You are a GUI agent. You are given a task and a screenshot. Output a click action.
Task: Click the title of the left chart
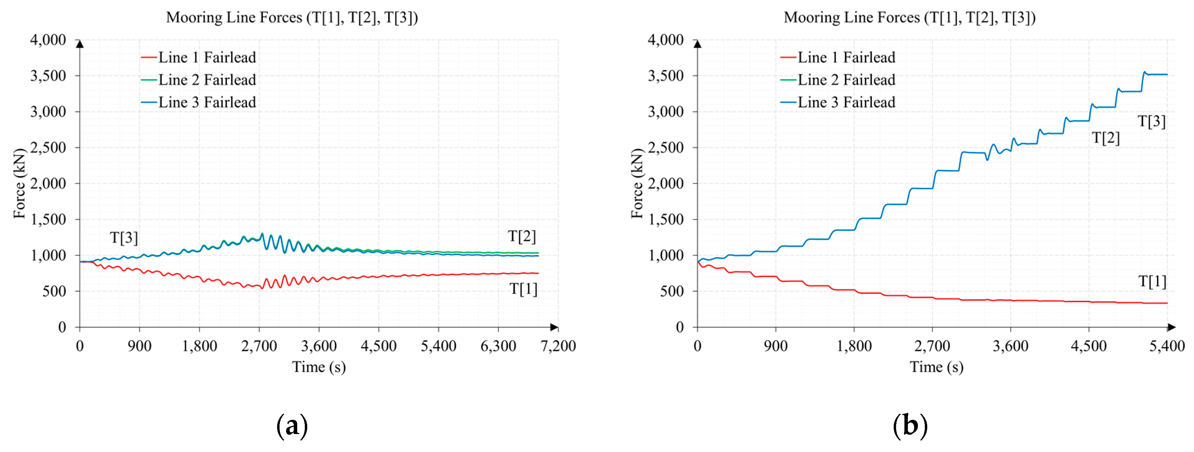point(292,18)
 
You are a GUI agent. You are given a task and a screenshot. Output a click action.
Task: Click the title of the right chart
point(909,18)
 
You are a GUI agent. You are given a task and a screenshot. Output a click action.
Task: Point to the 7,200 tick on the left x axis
point(558,346)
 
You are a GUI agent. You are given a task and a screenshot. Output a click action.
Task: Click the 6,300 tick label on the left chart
point(498,346)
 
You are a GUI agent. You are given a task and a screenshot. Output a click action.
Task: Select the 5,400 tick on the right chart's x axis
point(1167,346)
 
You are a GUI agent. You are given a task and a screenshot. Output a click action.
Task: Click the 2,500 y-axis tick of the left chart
point(48,147)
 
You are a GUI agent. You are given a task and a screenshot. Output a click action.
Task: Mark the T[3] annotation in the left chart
point(124,237)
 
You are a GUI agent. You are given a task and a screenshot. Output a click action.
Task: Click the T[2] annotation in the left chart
point(522,236)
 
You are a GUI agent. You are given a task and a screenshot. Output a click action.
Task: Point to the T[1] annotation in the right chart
point(1152,281)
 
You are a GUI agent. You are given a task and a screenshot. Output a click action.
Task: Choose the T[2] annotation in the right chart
point(1106,138)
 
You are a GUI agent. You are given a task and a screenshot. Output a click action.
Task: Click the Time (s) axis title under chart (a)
point(319,367)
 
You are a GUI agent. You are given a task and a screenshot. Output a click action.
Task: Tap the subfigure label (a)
point(292,426)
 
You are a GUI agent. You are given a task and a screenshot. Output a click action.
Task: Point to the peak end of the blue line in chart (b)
point(1167,75)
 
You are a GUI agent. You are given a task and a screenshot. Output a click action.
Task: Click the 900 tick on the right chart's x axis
point(775,346)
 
